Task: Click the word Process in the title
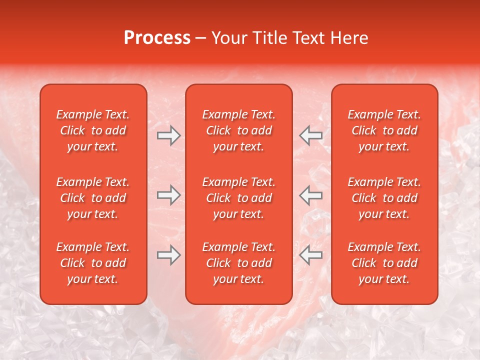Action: pyautogui.click(x=157, y=38)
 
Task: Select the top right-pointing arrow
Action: pyautogui.click(x=168, y=135)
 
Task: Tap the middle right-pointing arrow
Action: pyautogui.click(x=168, y=195)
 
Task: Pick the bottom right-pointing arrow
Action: pyautogui.click(x=168, y=255)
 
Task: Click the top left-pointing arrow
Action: pyautogui.click(x=310, y=135)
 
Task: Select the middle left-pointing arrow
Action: pyautogui.click(x=310, y=195)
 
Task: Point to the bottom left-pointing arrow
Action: pyautogui.click(x=310, y=255)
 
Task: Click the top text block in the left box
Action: pyautogui.click(x=93, y=130)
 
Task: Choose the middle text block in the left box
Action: pyautogui.click(x=93, y=198)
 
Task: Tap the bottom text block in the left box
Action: pyautogui.click(x=93, y=263)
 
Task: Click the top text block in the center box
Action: pyautogui.click(x=238, y=130)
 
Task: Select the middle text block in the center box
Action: pyautogui.click(x=238, y=198)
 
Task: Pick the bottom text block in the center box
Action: pyautogui.click(x=238, y=263)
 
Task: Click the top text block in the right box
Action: pyautogui.click(x=384, y=130)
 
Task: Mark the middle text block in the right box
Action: pyautogui.click(x=384, y=198)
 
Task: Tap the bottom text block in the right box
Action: pyautogui.click(x=384, y=263)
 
